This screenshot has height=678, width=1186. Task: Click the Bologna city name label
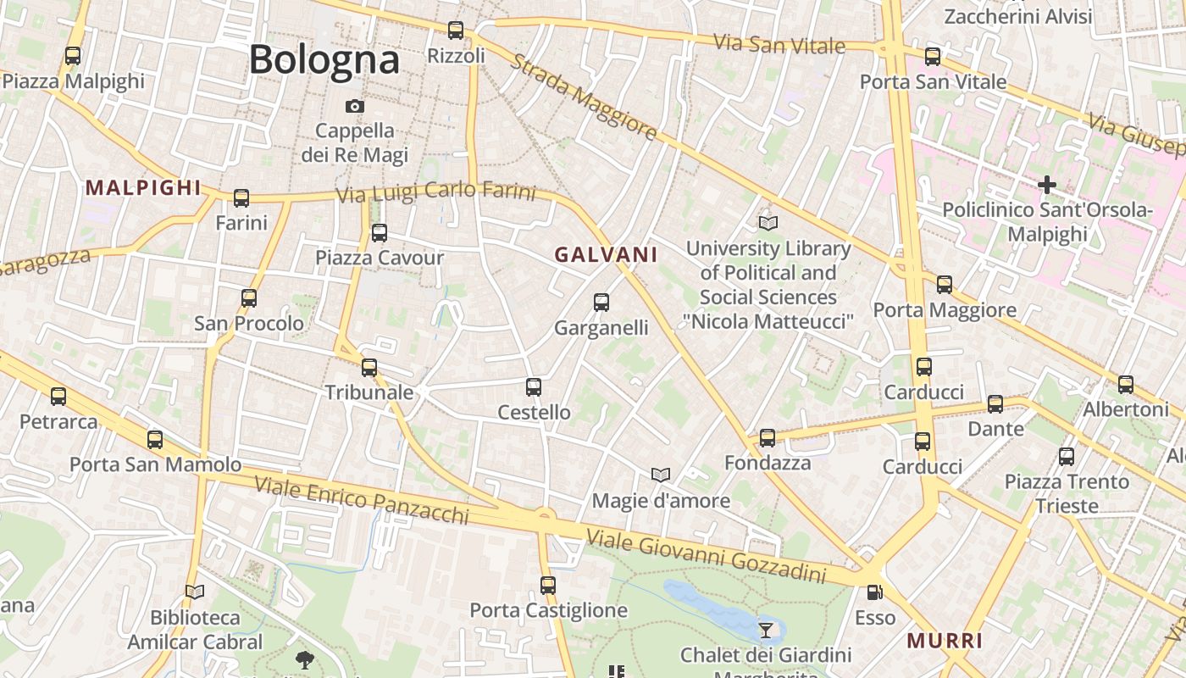click(x=324, y=59)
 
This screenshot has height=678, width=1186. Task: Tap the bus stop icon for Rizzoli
click(x=456, y=31)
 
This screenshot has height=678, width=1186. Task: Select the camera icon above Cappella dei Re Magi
click(x=355, y=106)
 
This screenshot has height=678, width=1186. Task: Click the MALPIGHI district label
click(x=143, y=188)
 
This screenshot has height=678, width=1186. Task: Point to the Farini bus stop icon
click(x=241, y=198)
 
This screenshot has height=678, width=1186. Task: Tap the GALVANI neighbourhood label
click(x=606, y=254)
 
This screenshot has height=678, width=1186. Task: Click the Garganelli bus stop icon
click(x=601, y=303)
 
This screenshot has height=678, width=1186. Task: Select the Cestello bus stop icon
click(x=534, y=387)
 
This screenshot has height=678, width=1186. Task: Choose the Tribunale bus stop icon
click(x=369, y=368)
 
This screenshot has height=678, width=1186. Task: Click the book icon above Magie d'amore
click(x=661, y=475)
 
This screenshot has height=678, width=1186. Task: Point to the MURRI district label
click(x=945, y=641)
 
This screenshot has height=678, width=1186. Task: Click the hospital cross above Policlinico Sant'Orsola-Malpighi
click(x=1047, y=184)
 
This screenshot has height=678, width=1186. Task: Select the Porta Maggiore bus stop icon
click(x=945, y=285)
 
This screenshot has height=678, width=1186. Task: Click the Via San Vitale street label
click(x=779, y=44)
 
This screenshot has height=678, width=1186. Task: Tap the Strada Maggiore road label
click(x=584, y=97)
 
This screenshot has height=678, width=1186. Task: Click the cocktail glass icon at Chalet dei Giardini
click(x=766, y=630)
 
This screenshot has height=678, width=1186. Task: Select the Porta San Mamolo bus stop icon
click(x=155, y=440)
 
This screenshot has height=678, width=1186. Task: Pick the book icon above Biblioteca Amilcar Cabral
click(x=195, y=592)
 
